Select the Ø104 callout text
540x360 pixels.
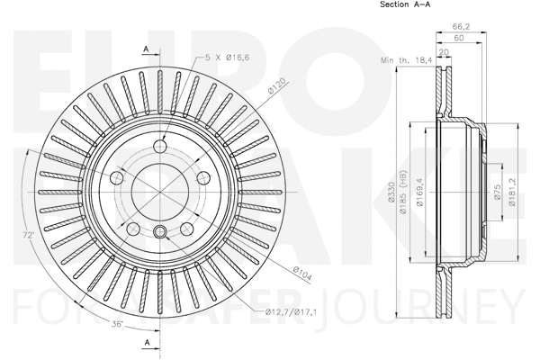301,274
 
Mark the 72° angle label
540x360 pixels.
30,236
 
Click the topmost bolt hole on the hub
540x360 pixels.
161,148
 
